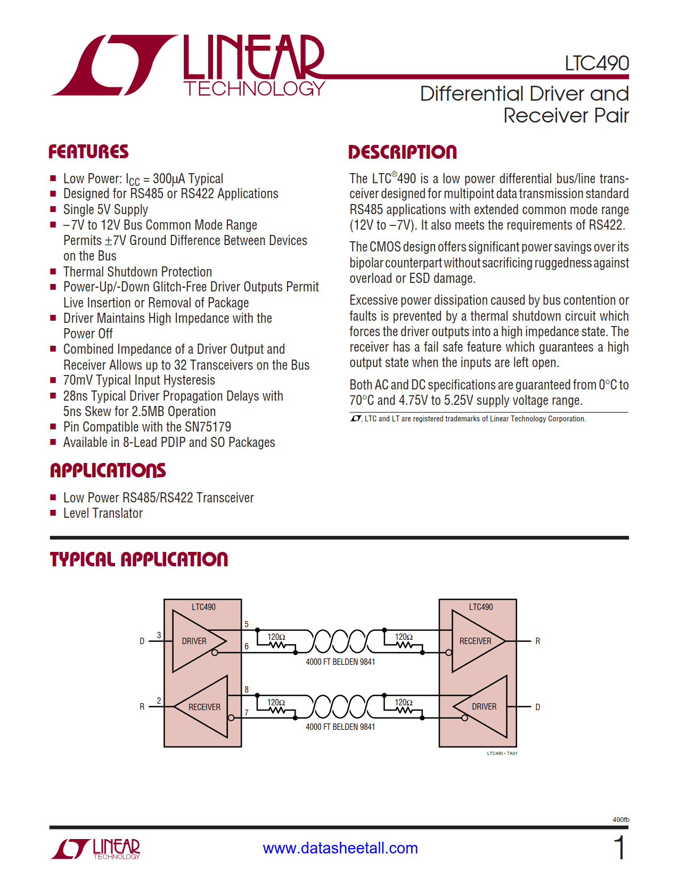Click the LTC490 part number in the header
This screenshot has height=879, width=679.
(596, 63)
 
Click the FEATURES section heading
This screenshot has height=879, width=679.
(88, 152)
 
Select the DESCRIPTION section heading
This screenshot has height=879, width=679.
(402, 152)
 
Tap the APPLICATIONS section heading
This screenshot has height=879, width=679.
(108, 470)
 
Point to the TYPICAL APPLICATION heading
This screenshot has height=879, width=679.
(139, 559)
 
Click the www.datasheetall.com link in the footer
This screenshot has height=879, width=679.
(340, 848)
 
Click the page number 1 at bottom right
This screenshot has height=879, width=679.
(619, 848)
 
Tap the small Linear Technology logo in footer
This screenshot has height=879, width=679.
(96, 849)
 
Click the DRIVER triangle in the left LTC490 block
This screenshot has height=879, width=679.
(194, 641)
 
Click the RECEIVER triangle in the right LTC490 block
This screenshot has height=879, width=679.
(475, 641)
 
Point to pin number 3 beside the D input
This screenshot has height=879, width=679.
(159, 635)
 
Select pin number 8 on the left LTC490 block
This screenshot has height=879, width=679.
(247, 689)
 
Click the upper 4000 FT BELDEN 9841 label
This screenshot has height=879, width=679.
(340, 662)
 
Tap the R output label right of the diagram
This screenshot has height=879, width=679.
(538, 641)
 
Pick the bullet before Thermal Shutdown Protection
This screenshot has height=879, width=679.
(53, 272)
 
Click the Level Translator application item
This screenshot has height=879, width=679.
(103, 513)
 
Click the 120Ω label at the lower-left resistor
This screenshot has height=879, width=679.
(276, 702)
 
